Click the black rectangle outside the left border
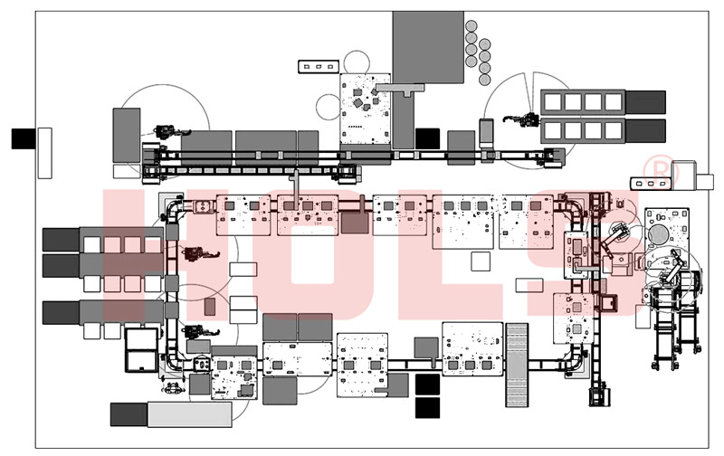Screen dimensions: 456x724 (x=23, y=138)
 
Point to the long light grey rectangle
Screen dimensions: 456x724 (x=189, y=413)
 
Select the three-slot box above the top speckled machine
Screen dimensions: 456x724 (x=319, y=66)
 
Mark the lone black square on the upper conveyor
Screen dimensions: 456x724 (x=427, y=138)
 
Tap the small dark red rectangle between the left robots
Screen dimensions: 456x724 (x=210, y=307)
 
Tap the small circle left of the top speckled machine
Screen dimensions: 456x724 (x=326, y=108)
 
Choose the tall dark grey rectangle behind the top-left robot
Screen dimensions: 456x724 (x=127, y=136)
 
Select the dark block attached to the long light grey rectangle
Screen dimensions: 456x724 (x=129, y=413)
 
